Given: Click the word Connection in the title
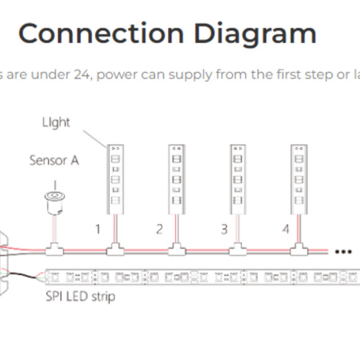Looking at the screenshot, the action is pos(102,34).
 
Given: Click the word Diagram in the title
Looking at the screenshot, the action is pos(255,35).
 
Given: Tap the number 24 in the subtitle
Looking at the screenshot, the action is pos(83,74).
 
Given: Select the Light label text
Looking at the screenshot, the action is pos(56,122).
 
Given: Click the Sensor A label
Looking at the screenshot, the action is pos(54,160).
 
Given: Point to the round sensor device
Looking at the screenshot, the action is pos(54,202).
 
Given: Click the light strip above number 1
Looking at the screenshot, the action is pos(115,179).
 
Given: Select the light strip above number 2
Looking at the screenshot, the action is pos(177,179).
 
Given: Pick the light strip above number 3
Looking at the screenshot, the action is pos(238,179).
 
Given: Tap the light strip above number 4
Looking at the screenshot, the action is pos(299,179).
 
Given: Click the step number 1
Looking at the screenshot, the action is pos(98,229).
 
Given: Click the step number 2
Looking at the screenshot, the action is pos(159,229).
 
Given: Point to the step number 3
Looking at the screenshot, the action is pos(224,229).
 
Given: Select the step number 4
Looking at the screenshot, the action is pos(286,229).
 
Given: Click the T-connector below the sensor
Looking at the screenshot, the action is pos(54,249).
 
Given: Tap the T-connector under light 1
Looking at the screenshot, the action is pos(115,249).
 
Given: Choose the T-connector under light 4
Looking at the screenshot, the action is pos(299,249).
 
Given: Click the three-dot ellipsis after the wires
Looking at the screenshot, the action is pos(343,251).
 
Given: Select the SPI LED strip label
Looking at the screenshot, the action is pos(81,297).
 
